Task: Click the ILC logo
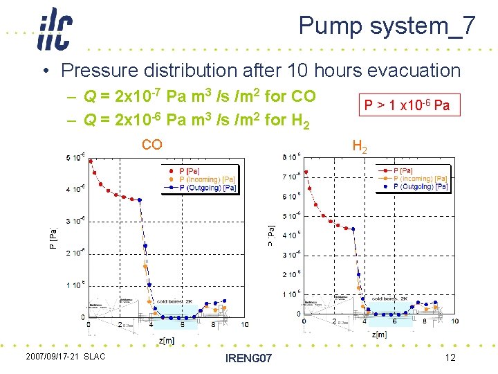pos(54,28)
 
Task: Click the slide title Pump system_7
pos(387,26)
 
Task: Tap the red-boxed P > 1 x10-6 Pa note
pos(407,105)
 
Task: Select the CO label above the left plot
pos(151,144)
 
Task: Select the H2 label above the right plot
pos(360,145)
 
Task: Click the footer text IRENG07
pos(248,358)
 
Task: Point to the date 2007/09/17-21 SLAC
pos(65,356)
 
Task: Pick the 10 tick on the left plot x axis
pos(244,325)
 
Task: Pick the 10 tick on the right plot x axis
pos(454,321)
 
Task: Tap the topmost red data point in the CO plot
pos(91,162)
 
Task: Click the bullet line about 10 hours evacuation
pos(260,70)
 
